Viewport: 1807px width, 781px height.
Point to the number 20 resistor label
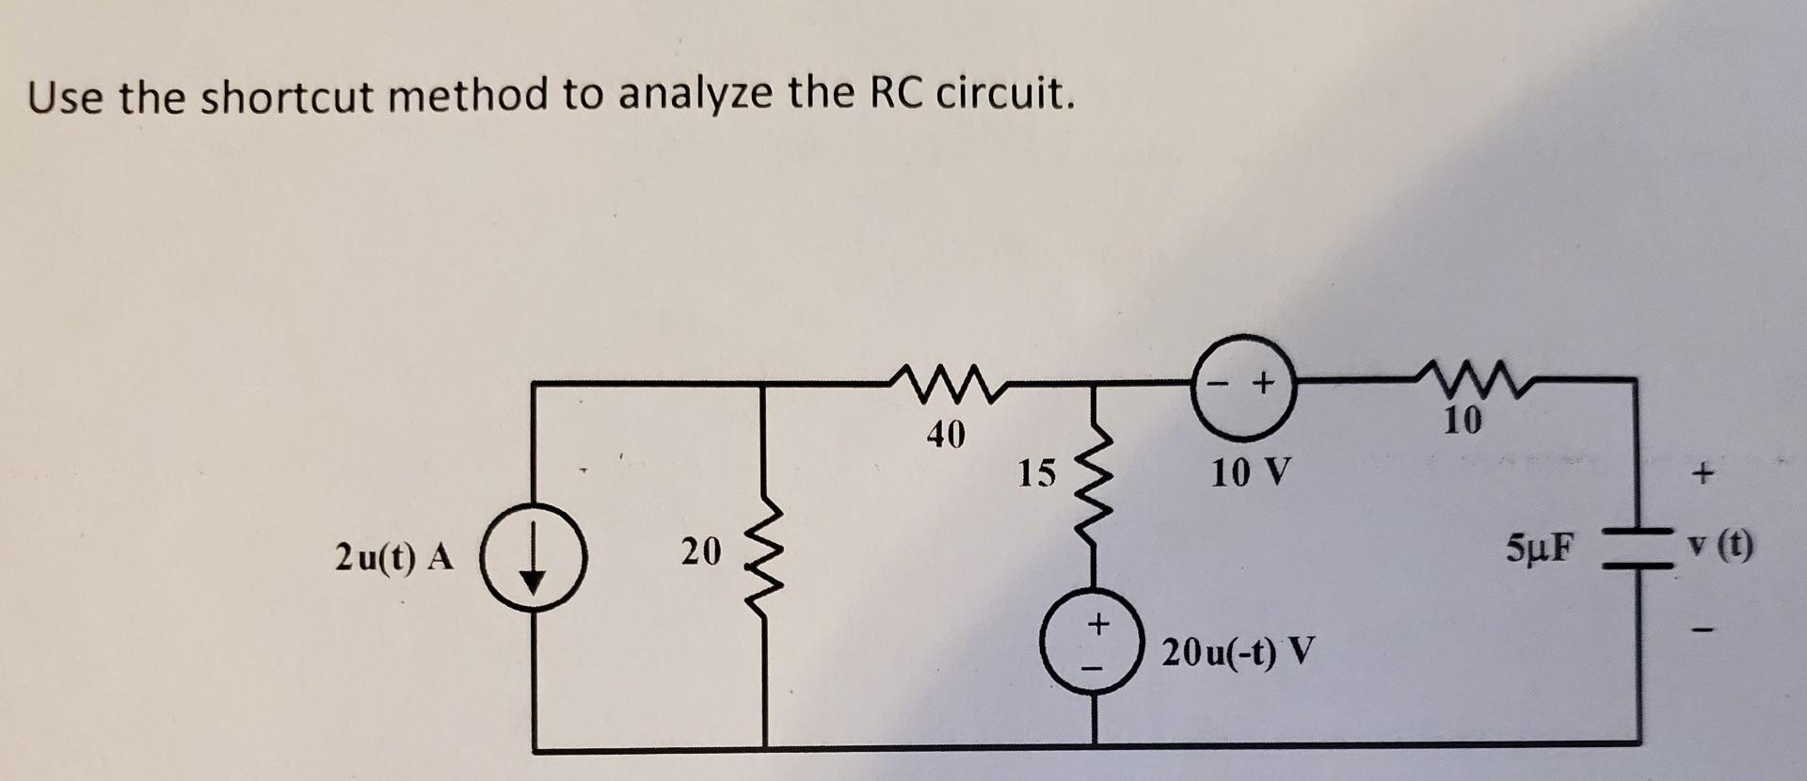coord(700,551)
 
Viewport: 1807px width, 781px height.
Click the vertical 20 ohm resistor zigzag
coord(762,563)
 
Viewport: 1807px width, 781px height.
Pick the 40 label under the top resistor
coord(945,434)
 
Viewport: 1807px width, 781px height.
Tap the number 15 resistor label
coord(1036,472)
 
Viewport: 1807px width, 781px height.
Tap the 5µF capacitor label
coord(1543,548)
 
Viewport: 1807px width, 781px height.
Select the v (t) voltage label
coord(1719,546)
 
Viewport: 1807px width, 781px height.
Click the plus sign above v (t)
coord(1702,475)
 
